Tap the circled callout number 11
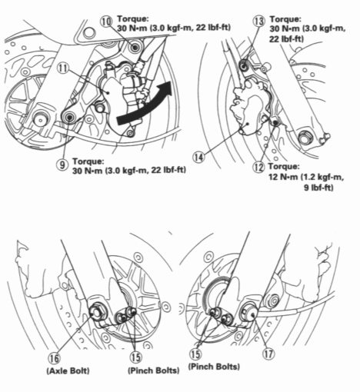tap(64, 68)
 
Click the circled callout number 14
tap(198, 157)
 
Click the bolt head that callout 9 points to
tap(69, 118)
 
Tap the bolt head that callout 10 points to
tap(136, 48)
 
